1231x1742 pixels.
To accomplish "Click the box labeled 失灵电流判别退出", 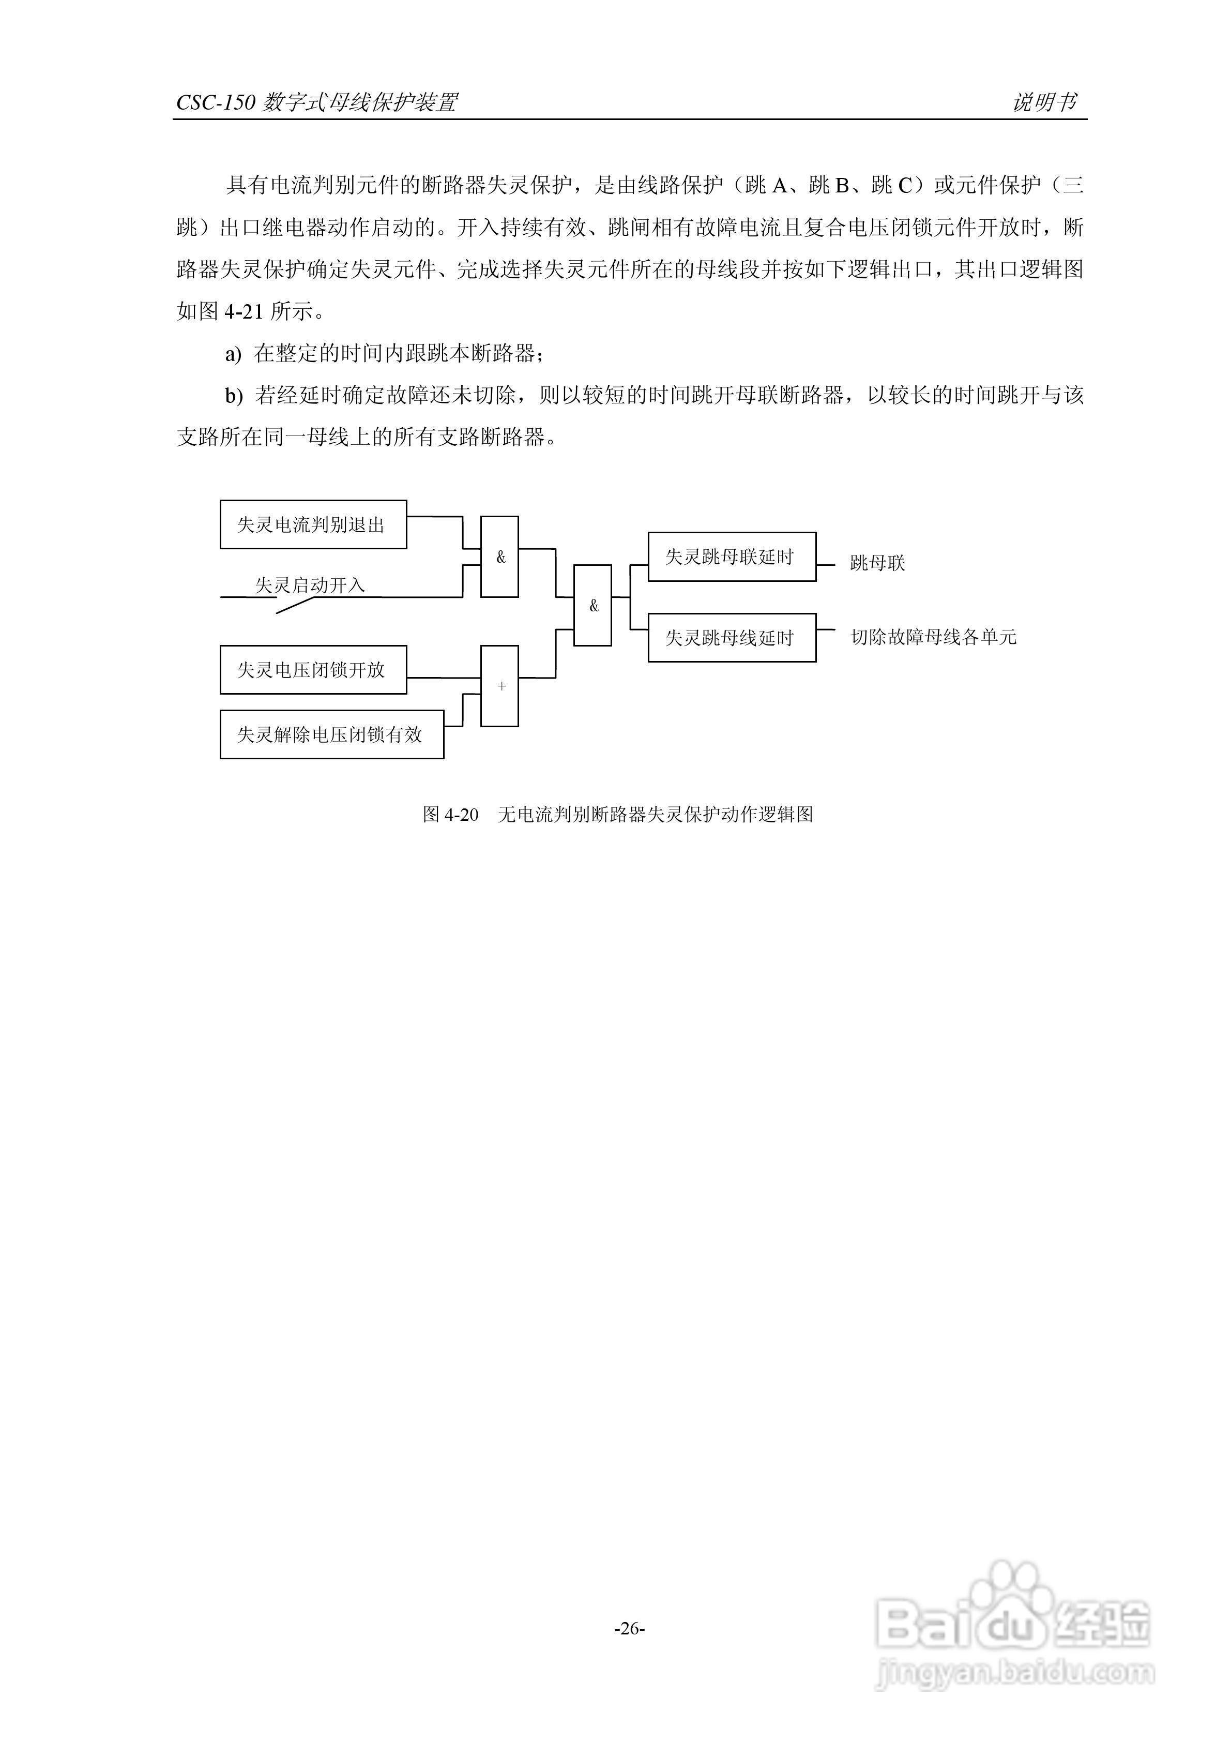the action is pos(312,524).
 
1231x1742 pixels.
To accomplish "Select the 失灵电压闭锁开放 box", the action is pos(312,670).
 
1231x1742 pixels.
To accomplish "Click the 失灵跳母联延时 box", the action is pos(731,557).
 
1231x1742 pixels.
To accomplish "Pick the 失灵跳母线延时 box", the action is pos(731,637).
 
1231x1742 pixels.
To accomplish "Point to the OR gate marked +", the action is pos(500,686).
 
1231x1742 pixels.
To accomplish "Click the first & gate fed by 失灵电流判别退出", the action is pos(500,557).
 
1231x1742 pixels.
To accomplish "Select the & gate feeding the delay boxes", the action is pos(592,606).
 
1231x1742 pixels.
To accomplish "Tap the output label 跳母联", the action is pos(877,563).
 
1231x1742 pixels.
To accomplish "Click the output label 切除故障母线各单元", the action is pos(933,637).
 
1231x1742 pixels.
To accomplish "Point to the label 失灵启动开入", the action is pos(310,585).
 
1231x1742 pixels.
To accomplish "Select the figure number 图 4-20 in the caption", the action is pos(450,815).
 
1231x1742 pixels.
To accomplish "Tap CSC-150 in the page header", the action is pos(216,102).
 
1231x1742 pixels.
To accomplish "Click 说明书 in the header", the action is pos(1044,102).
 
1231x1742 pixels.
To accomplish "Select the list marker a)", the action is pos(233,354).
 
